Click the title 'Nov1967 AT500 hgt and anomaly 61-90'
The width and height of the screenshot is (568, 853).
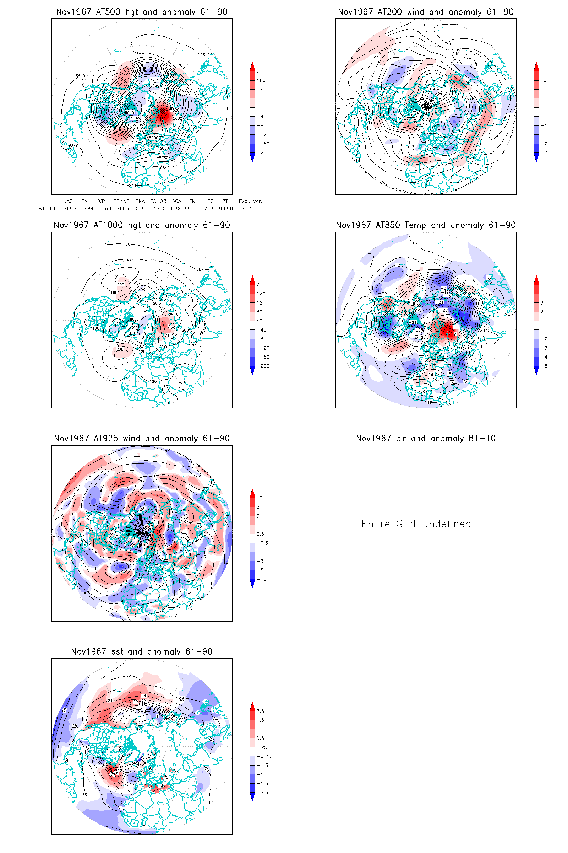[x=142, y=12]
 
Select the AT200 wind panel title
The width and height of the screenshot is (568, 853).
[x=426, y=12]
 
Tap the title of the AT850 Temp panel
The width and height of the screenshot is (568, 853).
[x=426, y=225]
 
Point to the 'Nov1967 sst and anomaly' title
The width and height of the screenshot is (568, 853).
[x=142, y=652]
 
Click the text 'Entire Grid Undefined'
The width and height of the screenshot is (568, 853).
[x=416, y=524]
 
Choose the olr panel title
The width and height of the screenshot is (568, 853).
[x=426, y=439]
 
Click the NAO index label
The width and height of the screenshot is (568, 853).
[x=68, y=201]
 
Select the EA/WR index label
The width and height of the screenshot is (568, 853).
[x=158, y=201]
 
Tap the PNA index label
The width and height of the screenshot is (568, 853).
[x=140, y=201]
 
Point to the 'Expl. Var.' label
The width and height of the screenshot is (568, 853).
[x=250, y=201]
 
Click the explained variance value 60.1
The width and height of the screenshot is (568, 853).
[x=247, y=209]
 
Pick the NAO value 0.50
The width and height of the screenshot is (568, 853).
[x=70, y=209]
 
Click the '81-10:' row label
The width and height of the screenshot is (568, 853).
[x=48, y=209]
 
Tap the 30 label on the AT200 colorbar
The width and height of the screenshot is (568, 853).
[x=544, y=71]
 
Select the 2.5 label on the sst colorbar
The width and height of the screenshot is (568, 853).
[x=260, y=711]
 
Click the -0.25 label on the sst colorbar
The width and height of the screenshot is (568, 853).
[x=264, y=757]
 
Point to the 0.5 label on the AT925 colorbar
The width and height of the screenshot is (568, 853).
[x=260, y=534]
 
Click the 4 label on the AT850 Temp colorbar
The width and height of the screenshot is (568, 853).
[x=542, y=294]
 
